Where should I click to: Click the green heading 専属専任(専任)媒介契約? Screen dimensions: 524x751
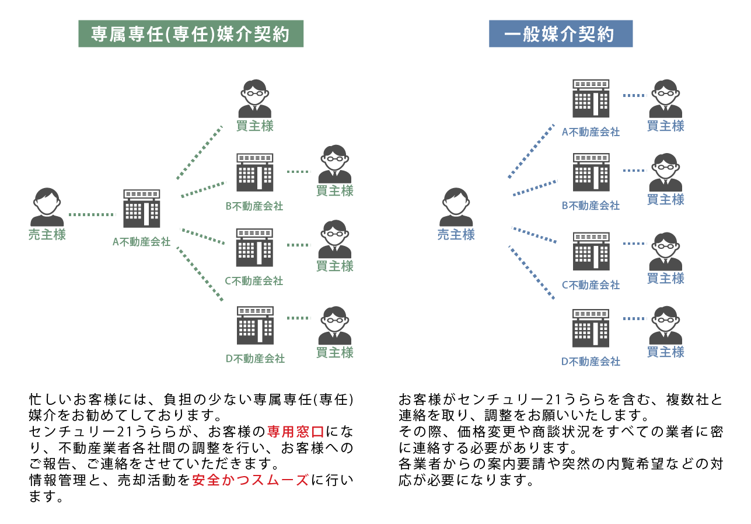pyautogui.click(x=191, y=34)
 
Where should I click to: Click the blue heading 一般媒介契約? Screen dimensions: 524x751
pyautogui.click(x=560, y=34)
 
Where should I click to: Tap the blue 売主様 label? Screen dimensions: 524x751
pyautogui.click(x=456, y=235)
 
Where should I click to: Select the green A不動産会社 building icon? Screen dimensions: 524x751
pyautogui.click(x=141, y=209)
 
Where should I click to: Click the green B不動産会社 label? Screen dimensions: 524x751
pyautogui.click(x=254, y=206)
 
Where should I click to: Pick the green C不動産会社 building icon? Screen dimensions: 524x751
pyautogui.click(x=254, y=248)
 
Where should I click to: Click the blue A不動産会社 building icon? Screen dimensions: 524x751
pyautogui.click(x=591, y=99)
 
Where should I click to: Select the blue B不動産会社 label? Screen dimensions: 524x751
pyautogui.click(x=591, y=206)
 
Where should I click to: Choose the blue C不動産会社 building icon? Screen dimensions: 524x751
pyautogui.click(x=591, y=251)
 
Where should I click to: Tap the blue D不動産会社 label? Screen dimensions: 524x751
pyautogui.click(x=591, y=362)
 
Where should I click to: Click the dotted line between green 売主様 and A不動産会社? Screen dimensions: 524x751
pyautogui.click(x=92, y=214)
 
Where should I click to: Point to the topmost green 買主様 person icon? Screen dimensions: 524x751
pyautogui.click(x=255, y=99)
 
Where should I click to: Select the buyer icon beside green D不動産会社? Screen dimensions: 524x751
pyautogui.click(x=335, y=325)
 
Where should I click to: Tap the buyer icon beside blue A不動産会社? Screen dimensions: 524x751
pyautogui.click(x=666, y=99)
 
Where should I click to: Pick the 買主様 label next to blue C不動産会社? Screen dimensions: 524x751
pyautogui.click(x=666, y=279)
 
